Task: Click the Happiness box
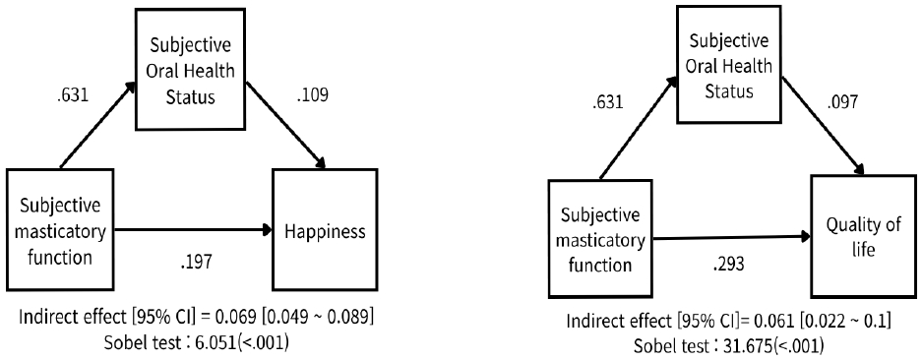coord(326,232)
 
